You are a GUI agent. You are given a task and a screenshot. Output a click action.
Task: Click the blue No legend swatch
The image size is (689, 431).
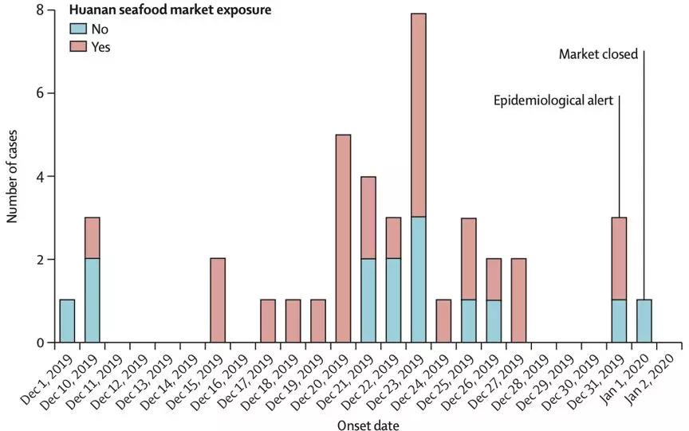coord(79,29)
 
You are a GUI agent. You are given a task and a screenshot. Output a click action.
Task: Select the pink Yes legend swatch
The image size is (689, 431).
coord(79,47)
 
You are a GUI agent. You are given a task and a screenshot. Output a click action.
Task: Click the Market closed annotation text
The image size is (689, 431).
coord(597,55)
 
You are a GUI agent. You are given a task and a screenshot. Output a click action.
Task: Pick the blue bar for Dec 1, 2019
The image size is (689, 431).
coord(67,321)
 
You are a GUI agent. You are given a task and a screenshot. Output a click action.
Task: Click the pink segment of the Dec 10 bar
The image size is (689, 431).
coord(92,237)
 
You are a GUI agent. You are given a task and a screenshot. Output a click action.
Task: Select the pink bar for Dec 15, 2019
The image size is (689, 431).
coord(217,300)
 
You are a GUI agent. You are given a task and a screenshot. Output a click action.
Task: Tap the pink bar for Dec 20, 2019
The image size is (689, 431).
coord(342,238)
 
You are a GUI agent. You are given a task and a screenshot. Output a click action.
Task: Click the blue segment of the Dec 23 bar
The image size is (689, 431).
coord(418,279)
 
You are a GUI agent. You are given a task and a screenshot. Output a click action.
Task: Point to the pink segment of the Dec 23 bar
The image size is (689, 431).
coord(418,115)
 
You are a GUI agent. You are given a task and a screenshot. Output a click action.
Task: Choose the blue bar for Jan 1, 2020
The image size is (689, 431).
coord(644,321)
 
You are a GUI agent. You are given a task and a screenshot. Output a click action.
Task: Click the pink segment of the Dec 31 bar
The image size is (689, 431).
coord(619,258)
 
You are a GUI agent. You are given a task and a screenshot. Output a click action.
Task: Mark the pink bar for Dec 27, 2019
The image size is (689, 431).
coord(518,300)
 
